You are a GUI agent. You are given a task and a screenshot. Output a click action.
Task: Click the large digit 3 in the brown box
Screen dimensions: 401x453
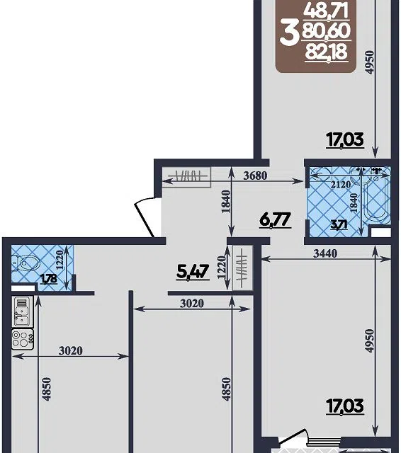290,35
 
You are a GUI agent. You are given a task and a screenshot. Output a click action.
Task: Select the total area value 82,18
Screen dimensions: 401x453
326,52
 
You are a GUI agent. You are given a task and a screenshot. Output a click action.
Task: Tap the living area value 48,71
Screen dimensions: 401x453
326,11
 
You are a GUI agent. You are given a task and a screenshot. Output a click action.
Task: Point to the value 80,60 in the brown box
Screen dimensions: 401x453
326,31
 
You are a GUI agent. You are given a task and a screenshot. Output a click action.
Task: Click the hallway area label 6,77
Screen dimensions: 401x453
275,220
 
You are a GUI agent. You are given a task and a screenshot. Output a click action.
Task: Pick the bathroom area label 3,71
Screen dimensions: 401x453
339,225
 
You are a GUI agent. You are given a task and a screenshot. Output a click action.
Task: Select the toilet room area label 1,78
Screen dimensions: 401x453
49,279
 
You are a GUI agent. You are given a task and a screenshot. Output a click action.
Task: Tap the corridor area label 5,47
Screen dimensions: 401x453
193,272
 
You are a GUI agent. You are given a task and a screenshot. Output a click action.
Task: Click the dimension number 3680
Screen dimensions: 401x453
255,176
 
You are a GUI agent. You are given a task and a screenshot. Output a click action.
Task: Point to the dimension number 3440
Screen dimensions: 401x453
325,253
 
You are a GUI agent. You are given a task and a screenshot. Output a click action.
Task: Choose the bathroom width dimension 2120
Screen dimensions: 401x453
341,184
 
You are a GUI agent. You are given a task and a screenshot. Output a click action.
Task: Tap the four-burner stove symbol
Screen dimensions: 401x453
23,339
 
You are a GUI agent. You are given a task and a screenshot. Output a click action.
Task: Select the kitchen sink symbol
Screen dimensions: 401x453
22,312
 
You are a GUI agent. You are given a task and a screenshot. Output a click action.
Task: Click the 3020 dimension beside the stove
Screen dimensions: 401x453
71,351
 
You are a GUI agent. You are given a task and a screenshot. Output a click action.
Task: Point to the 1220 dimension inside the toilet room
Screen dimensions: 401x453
60,260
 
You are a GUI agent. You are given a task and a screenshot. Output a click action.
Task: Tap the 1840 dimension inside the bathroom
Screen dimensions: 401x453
354,203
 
